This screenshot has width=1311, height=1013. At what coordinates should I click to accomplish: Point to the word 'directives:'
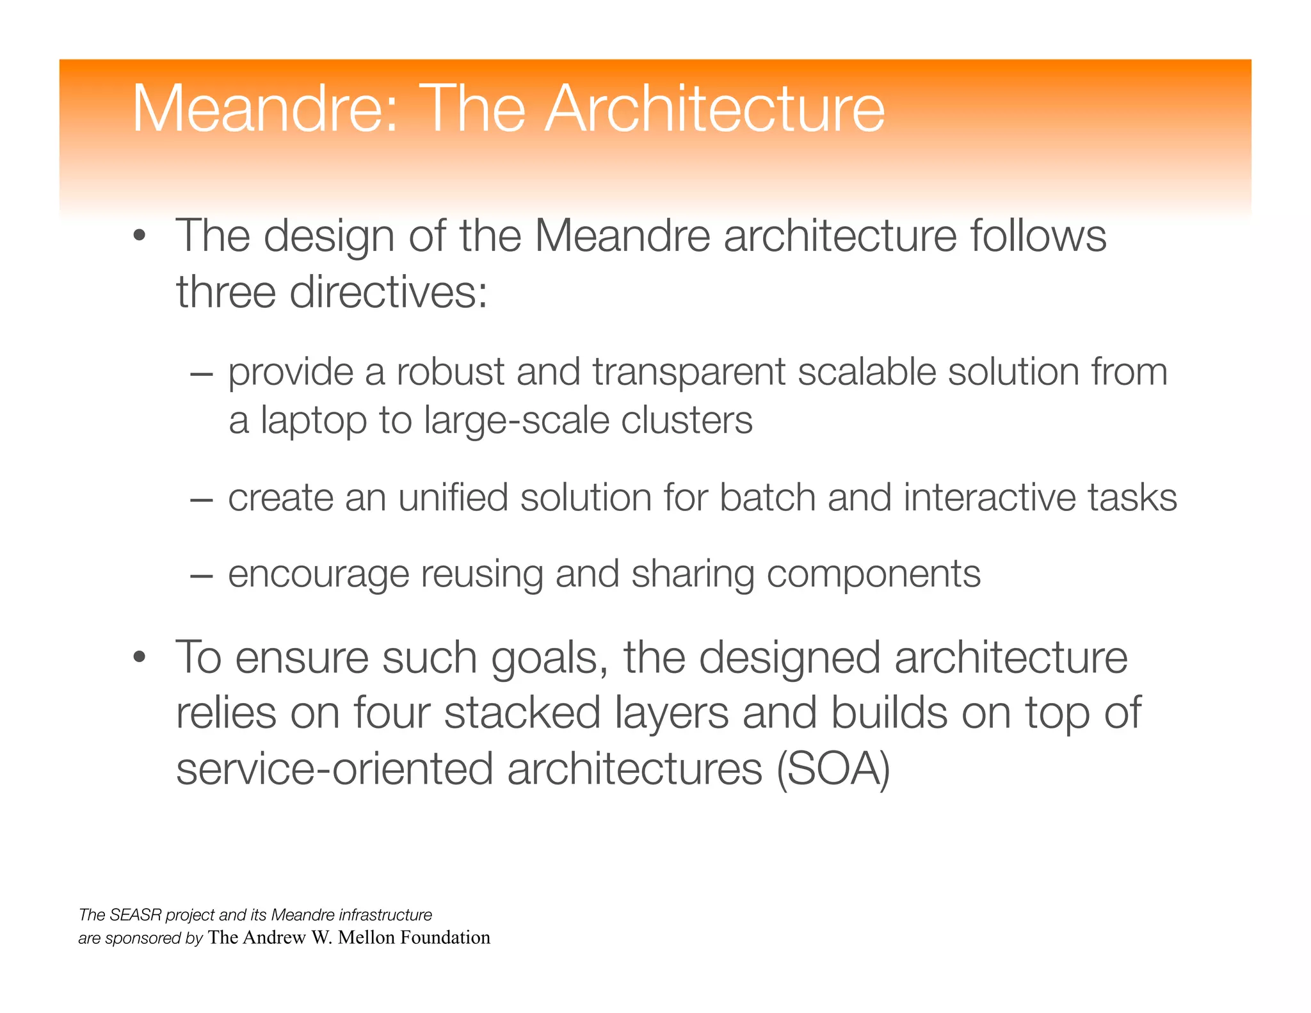coord(389,292)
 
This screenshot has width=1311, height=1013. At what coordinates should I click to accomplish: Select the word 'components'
coord(873,574)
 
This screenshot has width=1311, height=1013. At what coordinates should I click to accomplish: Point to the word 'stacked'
coord(522,713)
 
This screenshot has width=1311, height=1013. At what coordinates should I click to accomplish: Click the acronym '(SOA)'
coord(833,769)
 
